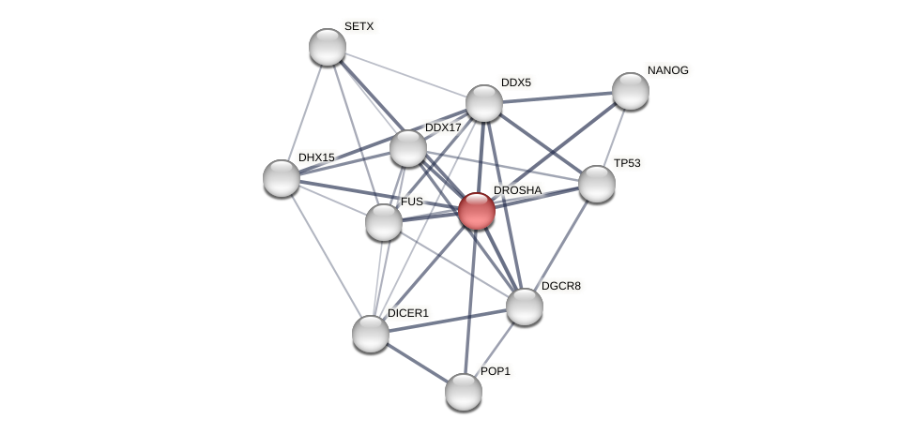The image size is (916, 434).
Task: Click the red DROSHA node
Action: (x=477, y=211)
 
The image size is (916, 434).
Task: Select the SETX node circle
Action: (x=328, y=47)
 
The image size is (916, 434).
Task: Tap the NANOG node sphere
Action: (x=631, y=91)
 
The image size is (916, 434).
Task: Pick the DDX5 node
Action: (x=484, y=103)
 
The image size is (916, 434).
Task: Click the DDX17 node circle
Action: (x=408, y=148)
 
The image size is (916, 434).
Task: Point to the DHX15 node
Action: (x=282, y=178)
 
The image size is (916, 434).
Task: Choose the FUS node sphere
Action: (x=384, y=222)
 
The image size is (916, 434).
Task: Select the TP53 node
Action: (x=597, y=184)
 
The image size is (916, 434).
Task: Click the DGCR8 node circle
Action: (x=525, y=307)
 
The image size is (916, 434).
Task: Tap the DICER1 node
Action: (x=371, y=334)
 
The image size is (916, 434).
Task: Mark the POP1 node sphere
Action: (x=464, y=392)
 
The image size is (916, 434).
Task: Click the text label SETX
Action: (x=359, y=26)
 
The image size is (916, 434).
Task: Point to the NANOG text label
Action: (x=667, y=70)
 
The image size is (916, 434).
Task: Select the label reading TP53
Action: (x=626, y=163)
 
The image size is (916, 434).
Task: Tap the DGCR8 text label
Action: (x=561, y=286)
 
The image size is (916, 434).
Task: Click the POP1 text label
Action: (x=495, y=371)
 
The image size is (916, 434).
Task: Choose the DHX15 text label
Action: (x=316, y=157)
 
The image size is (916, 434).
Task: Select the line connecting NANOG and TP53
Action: (x=615, y=136)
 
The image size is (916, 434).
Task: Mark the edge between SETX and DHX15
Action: (x=305, y=112)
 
